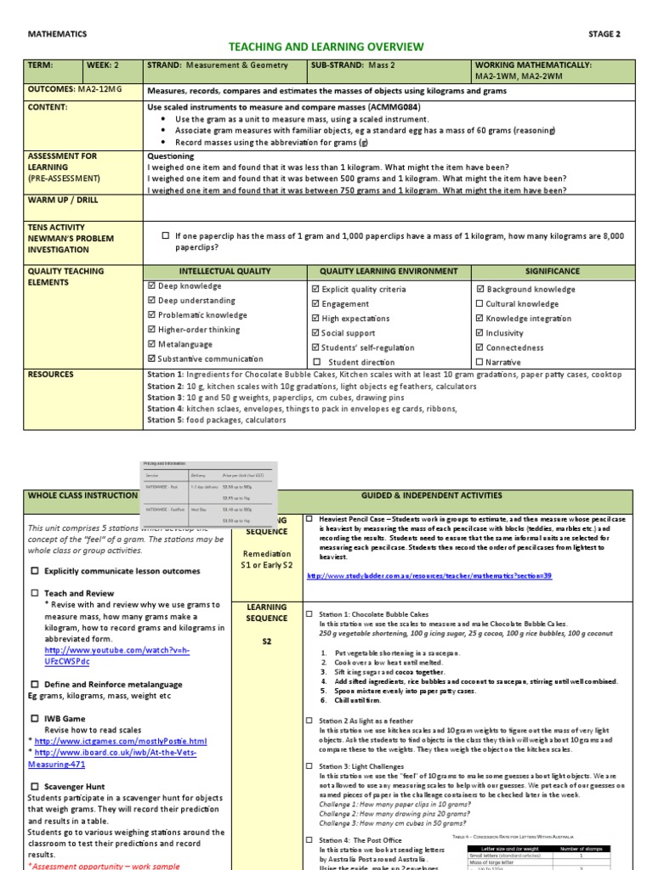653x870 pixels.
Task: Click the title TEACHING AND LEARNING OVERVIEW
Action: tap(326, 47)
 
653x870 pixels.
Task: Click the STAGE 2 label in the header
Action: tap(605, 34)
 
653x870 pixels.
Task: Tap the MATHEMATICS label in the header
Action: tap(58, 34)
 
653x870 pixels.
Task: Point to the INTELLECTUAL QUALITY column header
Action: tap(224, 272)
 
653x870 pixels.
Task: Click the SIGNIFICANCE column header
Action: tap(552, 272)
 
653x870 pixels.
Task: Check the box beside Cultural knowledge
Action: tap(480, 304)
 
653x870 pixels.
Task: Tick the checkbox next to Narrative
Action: tap(480, 363)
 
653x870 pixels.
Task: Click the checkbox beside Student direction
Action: tap(316, 363)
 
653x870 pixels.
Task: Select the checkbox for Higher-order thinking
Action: tap(151, 330)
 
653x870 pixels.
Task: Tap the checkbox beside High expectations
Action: tap(316, 319)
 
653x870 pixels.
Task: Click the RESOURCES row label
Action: tap(51, 374)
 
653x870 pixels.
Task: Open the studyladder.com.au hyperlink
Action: tap(429, 576)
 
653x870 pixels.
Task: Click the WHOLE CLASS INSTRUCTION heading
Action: tap(82, 495)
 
